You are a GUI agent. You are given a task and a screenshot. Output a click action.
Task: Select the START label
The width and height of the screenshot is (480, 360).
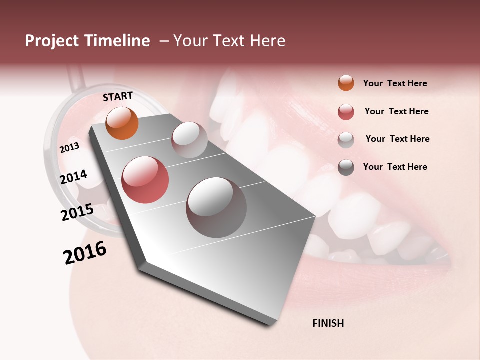pyautogui.click(x=118, y=96)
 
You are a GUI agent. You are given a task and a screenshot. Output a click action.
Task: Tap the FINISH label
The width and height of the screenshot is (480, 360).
pyautogui.click(x=328, y=323)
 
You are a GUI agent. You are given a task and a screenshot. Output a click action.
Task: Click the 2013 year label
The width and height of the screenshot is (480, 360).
pyautogui.click(x=69, y=148)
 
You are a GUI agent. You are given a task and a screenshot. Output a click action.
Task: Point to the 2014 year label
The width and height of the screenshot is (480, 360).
pyautogui.click(x=73, y=177)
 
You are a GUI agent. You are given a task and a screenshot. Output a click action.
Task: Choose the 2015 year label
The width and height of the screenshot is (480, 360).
pyautogui.click(x=77, y=212)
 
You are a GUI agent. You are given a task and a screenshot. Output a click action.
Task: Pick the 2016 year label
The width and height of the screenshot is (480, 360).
pyautogui.click(x=85, y=252)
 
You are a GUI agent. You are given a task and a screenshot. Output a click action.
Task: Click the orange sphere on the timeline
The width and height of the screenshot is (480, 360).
pyautogui.click(x=122, y=123)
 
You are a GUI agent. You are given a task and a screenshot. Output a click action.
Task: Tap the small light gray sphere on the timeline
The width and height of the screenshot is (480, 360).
pyautogui.click(x=189, y=140)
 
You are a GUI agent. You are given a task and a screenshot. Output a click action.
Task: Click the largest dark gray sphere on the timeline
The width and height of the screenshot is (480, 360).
pyautogui.click(x=216, y=207)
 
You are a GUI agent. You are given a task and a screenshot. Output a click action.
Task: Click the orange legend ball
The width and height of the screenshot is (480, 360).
pyautogui.click(x=346, y=83)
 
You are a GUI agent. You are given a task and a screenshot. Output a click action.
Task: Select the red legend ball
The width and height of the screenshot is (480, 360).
pyautogui.click(x=346, y=112)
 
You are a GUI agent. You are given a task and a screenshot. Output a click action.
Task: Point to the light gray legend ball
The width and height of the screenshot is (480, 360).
pyautogui.click(x=346, y=139)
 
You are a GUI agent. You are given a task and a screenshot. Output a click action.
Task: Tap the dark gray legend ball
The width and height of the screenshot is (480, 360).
pyautogui.click(x=346, y=167)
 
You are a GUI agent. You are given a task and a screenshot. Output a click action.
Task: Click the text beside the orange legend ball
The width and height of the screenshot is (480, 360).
pyautogui.click(x=395, y=83)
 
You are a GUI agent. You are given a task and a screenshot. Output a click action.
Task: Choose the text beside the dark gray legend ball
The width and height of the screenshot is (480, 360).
pyautogui.click(x=395, y=167)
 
